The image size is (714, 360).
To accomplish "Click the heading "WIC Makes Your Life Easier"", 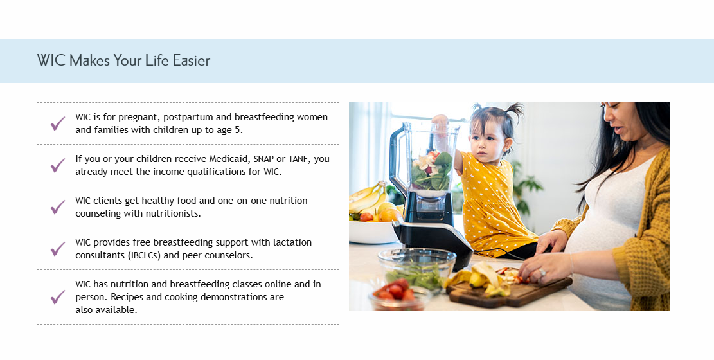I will click(123, 61).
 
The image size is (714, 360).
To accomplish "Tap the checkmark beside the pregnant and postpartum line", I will click(58, 123).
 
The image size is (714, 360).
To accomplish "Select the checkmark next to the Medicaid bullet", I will click(58, 165).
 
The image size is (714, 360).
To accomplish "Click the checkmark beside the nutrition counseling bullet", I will click(58, 207).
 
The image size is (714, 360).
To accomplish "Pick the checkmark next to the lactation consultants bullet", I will click(58, 249).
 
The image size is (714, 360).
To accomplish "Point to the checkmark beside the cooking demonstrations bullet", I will click(58, 297).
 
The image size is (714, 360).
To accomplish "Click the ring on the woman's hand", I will click(543, 273).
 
